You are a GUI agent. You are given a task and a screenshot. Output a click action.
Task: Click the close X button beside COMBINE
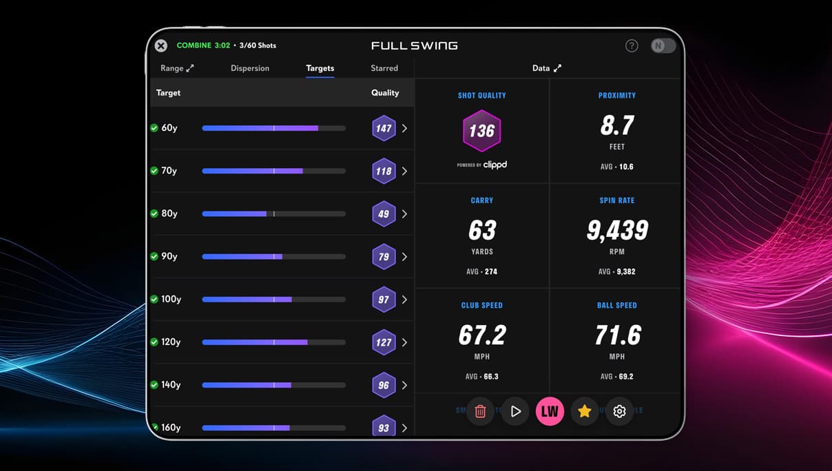tap(161, 46)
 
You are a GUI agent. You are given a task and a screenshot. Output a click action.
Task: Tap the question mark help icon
tap(632, 46)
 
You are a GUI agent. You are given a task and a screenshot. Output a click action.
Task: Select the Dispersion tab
tap(250, 68)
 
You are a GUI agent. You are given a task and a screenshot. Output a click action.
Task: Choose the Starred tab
tap(384, 68)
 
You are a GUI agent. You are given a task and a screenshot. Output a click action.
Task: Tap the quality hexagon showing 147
tap(384, 128)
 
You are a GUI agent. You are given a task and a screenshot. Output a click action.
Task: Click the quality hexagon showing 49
tap(384, 214)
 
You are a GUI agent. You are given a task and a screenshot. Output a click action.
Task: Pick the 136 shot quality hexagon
tap(481, 131)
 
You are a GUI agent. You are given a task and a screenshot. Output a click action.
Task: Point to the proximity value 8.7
tap(617, 125)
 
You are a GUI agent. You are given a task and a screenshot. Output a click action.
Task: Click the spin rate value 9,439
tap(617, 230)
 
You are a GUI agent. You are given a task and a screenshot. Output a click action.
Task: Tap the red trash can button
tap(481, 411)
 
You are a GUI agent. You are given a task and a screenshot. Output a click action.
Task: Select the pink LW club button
tap(550, 411)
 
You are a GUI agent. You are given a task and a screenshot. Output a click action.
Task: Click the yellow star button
tap(585, 411)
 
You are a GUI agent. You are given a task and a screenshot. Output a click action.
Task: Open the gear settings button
tap(619, 411)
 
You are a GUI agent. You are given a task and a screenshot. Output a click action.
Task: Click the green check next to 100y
tap(154, 300)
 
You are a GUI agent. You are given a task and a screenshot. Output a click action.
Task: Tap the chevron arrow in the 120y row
tap(404, 342)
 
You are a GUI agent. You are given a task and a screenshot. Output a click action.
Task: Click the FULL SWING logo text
tap(414, 46)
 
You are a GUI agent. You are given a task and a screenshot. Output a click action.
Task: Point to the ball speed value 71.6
tap(618, 335)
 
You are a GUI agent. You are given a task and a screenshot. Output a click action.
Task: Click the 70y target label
tap(169, 171)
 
